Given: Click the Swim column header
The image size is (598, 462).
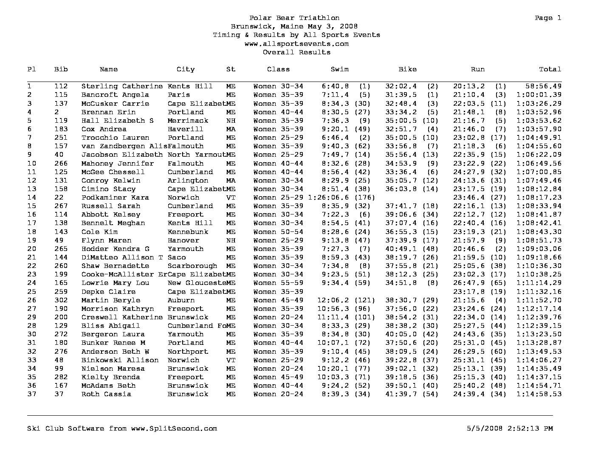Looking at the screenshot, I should coord(339,69).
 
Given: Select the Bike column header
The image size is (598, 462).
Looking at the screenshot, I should coord(407,69).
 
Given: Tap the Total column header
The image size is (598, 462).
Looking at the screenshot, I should coord(550,69).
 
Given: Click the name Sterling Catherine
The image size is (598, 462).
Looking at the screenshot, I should coord(122,86).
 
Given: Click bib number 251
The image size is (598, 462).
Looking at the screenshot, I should coord(61,138).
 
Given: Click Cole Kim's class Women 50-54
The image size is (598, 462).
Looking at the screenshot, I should coord(278,232).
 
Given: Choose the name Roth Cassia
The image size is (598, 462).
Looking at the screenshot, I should coord(106,394).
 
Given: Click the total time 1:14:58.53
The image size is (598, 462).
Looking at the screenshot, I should coord(539,394).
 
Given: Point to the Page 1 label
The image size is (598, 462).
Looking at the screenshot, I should coord(548,18).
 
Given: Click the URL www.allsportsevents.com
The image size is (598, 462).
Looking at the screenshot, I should coord(296,44).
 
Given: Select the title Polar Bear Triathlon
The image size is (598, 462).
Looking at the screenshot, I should coord(294,18).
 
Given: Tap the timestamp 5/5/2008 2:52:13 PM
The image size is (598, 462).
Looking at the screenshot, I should coord(509,428).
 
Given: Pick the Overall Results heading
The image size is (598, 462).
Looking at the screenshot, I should coord(296,52).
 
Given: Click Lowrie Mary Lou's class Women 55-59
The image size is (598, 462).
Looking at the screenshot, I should coord(278,283).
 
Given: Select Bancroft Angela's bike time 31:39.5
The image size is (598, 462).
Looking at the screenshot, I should coord(401,95).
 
